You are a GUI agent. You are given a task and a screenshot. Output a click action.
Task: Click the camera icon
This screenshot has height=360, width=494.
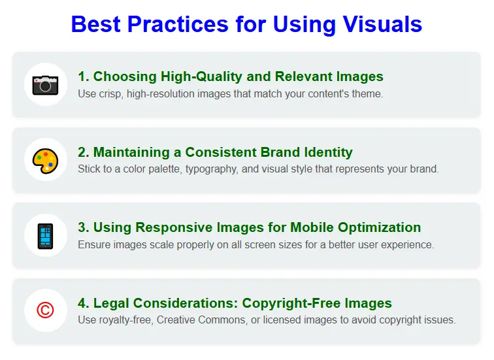(x=46, y=84)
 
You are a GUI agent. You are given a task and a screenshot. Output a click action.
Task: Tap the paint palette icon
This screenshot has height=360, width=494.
(x=46, y=159)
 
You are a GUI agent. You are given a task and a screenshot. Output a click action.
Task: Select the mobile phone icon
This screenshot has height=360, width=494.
(x=46, y=235)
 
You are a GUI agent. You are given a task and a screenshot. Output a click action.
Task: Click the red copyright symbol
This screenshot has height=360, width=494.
(x=46, y=310)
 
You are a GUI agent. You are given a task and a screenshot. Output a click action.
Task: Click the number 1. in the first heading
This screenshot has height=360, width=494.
(x=84, y=77)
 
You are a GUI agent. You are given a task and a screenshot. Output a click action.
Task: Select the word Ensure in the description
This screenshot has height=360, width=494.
(x=94, y=245)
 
